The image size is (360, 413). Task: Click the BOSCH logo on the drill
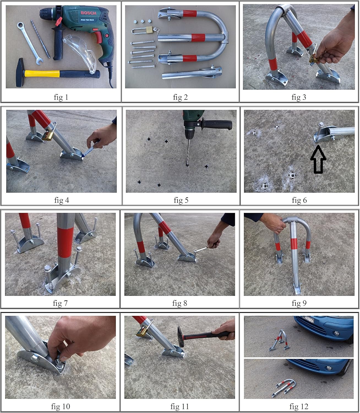88,13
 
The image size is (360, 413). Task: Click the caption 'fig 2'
180,97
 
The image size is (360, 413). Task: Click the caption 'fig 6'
299,200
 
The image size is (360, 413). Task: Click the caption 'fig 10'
61,406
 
